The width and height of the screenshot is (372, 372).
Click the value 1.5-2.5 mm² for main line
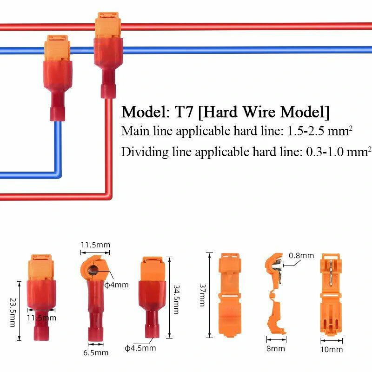coord(317,132)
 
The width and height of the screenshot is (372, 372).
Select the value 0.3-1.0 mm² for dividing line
coord(337,152)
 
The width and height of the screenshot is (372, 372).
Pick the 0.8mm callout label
coord(301,256)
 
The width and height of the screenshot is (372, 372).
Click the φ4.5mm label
coord(140,347)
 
